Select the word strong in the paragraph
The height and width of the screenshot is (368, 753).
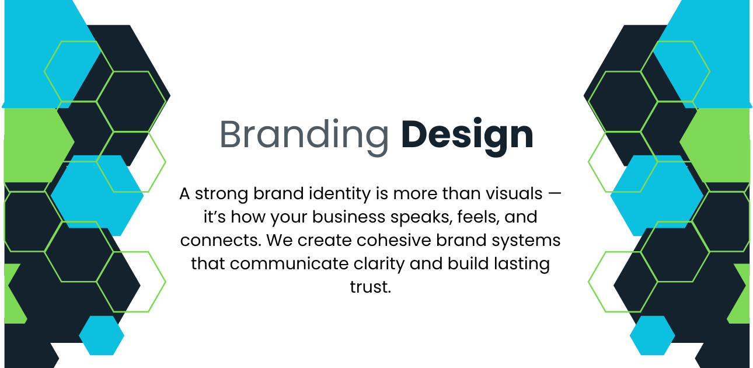[x=221, y=194]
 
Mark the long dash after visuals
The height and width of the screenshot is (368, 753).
[x=554, y=193]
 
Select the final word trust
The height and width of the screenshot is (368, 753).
[x=371, y=287]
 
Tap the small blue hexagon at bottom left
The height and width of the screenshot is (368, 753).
[x=102, y=335]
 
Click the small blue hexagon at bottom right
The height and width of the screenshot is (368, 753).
[x=652, y=335]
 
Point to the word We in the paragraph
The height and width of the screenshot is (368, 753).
[x=280, y=240]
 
